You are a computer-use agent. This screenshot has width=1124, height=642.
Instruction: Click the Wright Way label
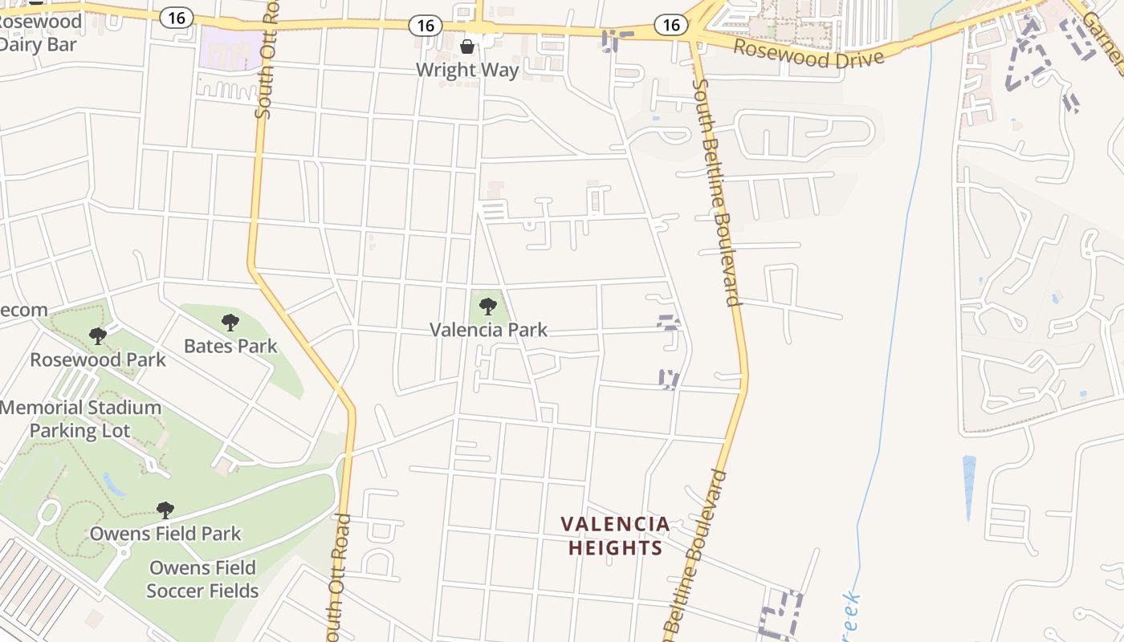point(467,70)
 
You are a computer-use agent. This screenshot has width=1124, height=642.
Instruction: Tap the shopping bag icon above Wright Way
point(467,47)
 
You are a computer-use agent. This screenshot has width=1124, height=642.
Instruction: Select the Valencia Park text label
point(488,329)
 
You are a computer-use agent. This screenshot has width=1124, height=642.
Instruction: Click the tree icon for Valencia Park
point(487,306)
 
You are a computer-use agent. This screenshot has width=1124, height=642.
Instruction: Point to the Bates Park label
point(230,346)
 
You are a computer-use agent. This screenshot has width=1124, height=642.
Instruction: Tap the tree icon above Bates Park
point(230,323)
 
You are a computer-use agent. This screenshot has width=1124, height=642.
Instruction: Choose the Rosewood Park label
point(98,359)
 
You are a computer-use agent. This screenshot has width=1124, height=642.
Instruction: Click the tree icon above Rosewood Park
point(98,335)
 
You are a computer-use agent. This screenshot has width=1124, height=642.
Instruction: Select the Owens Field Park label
point(165,533)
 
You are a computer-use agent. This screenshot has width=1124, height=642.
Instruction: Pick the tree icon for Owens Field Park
point(165,510)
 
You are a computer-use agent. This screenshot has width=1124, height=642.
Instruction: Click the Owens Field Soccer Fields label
point(202,579)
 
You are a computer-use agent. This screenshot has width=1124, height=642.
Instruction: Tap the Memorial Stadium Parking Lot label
point(79,419)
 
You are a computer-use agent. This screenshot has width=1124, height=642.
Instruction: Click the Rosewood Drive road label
point(808,55)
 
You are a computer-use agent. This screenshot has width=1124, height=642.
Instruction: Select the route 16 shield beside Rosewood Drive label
point(671,25)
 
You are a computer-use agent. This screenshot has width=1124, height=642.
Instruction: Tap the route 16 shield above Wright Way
point(426,26)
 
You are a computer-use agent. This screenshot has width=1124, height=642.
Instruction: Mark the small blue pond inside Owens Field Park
point(114,484)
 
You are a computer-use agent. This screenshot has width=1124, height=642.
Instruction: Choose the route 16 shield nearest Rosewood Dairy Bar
point(176,18)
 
